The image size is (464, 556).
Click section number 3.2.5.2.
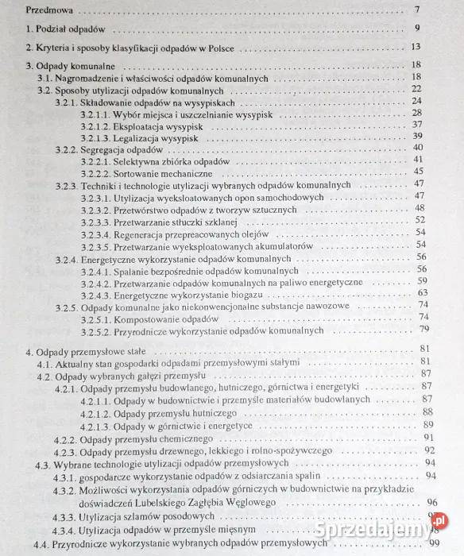click(x=97, y=329)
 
